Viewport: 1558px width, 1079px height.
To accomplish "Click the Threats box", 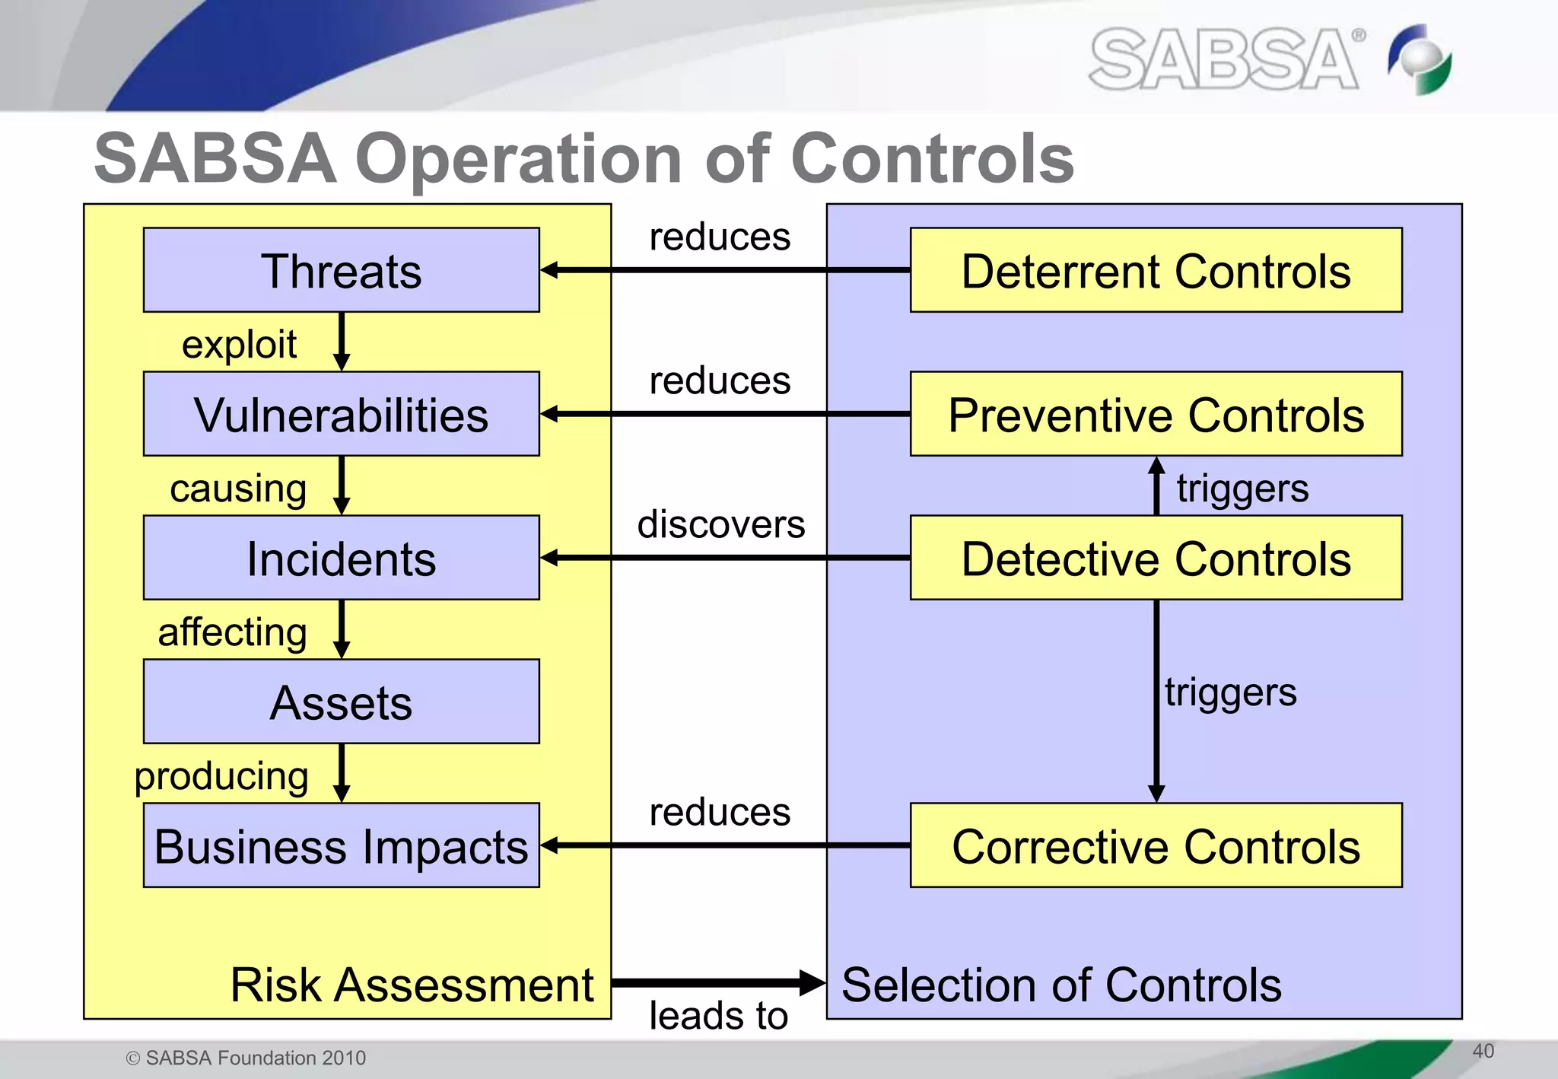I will [x=341, y=270].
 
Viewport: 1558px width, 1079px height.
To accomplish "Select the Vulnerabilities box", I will [x=341, y=414].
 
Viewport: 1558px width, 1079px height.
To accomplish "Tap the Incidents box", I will [x=341, y=558].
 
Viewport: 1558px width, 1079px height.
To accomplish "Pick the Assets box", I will [x=341, y=702].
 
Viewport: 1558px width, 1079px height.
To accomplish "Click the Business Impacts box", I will [x=341, y=845].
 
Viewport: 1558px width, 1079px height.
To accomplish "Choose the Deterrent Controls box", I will [x=1156, y=270].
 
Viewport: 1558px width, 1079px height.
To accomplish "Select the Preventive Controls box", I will [x=1156, y=414].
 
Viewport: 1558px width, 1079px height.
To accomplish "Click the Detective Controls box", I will [x=1156, y=558].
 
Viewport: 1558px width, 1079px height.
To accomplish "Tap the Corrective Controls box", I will [x=1156, y=845].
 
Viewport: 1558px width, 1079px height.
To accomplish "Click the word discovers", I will [x=720, y=524].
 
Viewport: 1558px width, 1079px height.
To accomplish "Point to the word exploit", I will [x=239, y=345].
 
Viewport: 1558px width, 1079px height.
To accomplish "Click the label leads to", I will [x=718, y=1015].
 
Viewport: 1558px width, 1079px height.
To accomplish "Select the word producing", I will [x=221, y=776].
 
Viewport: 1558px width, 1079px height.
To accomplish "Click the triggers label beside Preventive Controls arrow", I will [x=1242, y=488].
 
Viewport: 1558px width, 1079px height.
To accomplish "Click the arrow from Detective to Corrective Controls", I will [x=1156, y=700].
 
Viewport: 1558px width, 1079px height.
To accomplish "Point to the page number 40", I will [x=1483, y=1051].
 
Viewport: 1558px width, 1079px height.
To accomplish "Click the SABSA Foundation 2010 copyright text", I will [x=246, y=1058].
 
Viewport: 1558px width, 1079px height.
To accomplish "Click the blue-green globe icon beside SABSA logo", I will [x=1420, y=59].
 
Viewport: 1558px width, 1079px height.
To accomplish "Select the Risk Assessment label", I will [x=412, y=985].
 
